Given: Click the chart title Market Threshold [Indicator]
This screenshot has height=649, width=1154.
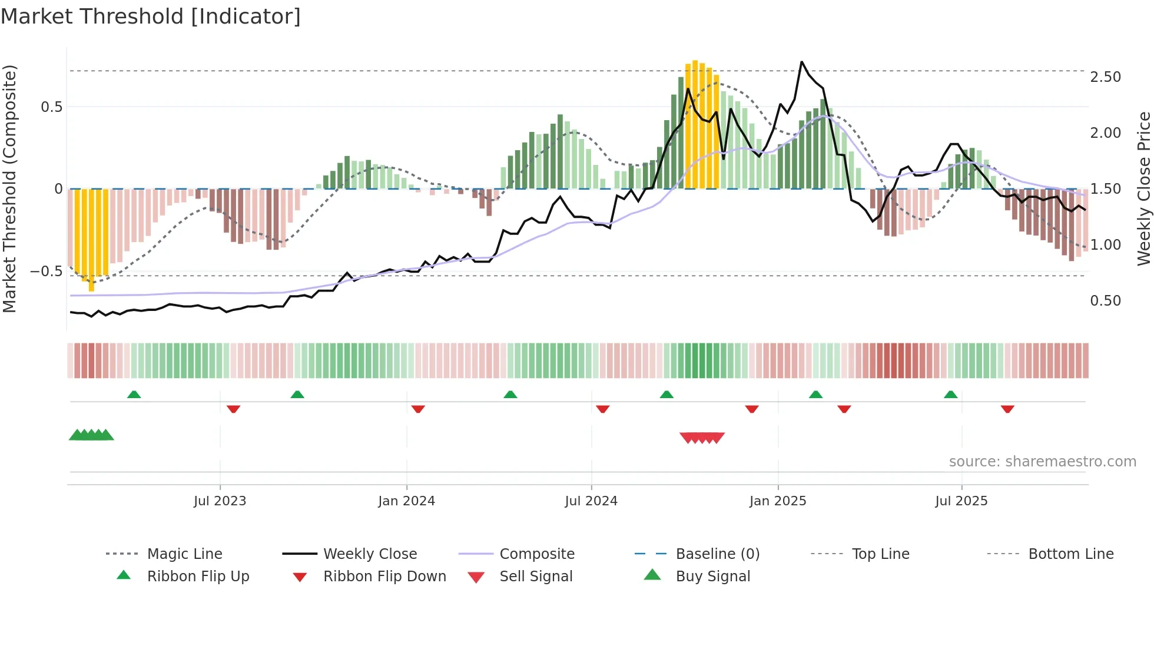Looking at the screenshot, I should pyautogui.click(x=151, y=16).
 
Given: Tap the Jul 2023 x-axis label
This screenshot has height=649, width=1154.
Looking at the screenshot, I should pyautogui.click(x=220, y=501).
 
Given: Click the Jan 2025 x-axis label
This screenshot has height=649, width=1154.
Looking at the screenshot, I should pyautogui.click(x=777, y=501).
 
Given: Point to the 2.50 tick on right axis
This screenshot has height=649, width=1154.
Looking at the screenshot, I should pyautogui.click(x=1105, y=77).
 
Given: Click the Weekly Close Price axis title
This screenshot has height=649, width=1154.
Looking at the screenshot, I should pyautogui.click(x=1143, y=188).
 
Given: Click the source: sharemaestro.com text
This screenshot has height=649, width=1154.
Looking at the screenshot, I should pyautogui.click(x=1042, y=461).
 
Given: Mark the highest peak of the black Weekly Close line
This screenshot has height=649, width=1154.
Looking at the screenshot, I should pyautogui.click(x=801, y=62).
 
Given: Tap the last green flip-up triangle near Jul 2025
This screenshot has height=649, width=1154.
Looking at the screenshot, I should pyautogui.click(x=950, y=395).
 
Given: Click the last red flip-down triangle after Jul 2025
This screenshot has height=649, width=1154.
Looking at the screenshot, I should pyautogui.click(x=1007, y=409).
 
